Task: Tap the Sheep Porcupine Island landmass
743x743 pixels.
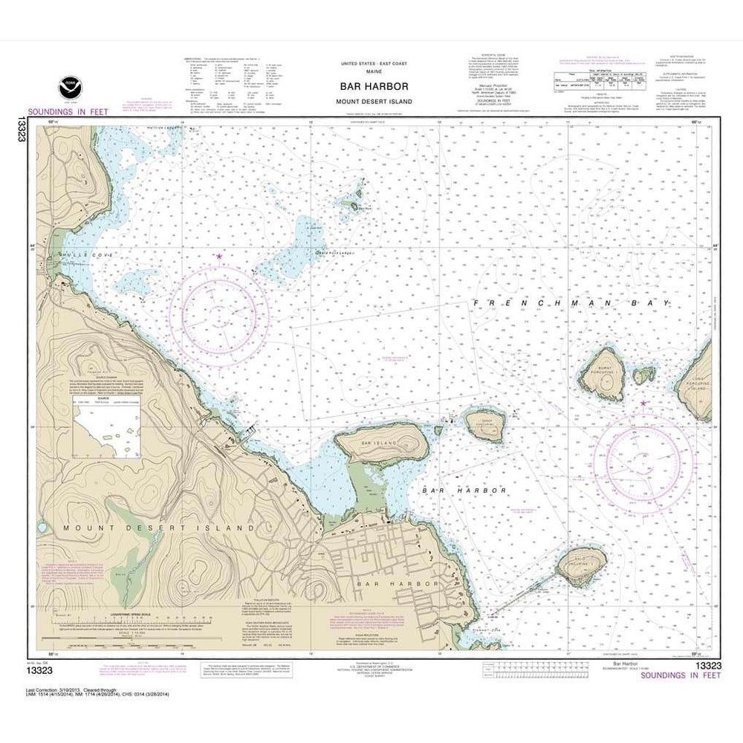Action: click(485, 424)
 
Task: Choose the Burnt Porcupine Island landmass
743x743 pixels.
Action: click(603, 373)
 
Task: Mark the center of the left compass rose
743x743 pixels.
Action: click(218, 307)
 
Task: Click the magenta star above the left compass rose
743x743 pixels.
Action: click(218, 256)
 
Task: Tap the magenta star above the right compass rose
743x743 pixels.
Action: click(643, 403)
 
